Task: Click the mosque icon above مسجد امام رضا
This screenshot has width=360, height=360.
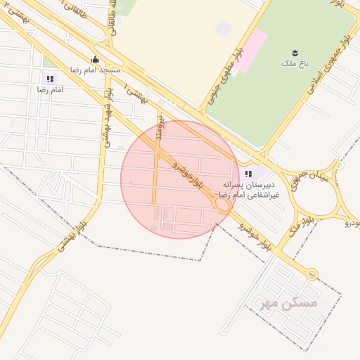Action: pos(96,60)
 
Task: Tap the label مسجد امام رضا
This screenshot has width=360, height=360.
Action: pos(95,71)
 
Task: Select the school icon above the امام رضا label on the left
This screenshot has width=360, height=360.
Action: pos(49,79)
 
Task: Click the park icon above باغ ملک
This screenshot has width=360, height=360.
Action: pos(295,53)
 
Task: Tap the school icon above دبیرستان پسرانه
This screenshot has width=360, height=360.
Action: pos(247,174)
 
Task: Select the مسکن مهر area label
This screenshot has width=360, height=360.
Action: pos(288,303)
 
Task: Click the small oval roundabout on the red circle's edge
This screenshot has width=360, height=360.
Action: pos(221,205)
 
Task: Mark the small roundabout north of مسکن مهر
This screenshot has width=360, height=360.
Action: pos(311,275)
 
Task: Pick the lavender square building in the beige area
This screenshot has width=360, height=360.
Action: pos(224,29)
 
